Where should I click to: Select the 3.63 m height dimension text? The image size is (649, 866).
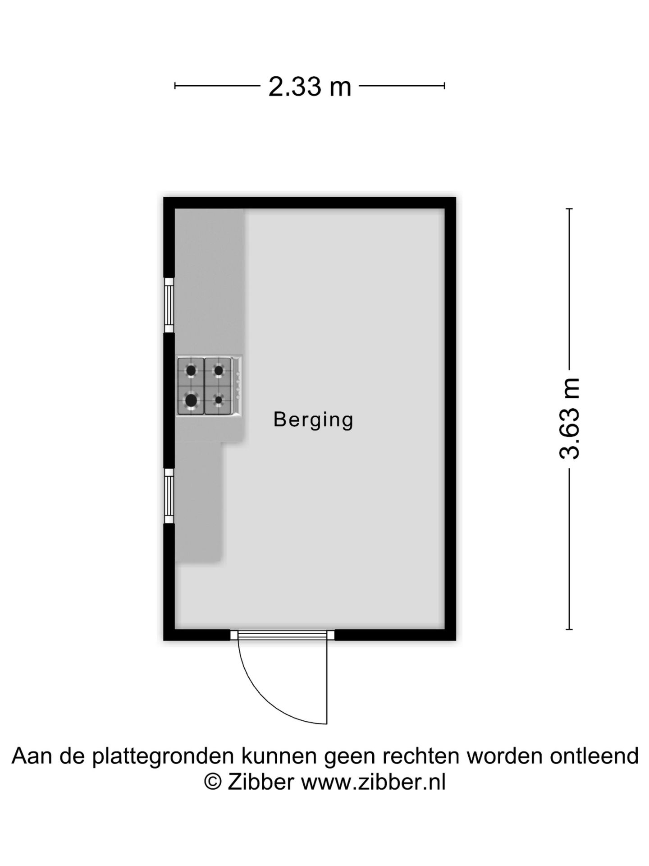pos(569,419)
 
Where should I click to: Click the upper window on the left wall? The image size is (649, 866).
pos(169,305)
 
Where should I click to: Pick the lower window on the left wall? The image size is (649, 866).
pos(169,496)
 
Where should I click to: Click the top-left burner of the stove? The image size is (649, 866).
pos(191,371)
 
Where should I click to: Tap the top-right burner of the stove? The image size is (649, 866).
pos(219,371)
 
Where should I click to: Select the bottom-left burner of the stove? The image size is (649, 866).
pos(191,400)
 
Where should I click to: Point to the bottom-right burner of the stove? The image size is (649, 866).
pos(219,400)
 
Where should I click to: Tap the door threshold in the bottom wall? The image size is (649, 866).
pos(282,635)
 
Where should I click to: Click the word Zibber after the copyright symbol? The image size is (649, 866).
pos(261,782)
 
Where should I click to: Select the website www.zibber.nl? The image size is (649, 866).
pos(374,782)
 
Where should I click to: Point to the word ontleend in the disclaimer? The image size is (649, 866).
pos(594,756)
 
